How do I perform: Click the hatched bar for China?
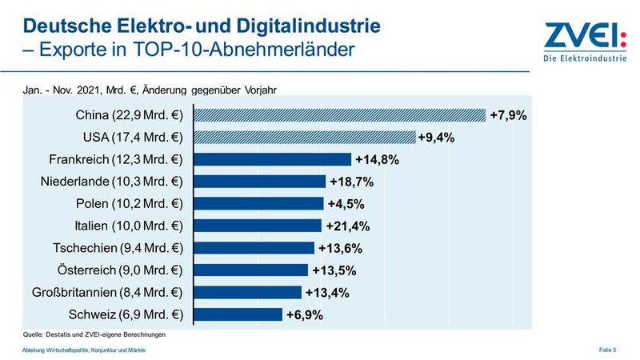point(339,115)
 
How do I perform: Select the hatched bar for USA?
point(304,138)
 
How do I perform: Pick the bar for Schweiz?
point(237,314)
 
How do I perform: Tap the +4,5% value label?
point(345,204)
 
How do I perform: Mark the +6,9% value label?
point(304,315)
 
